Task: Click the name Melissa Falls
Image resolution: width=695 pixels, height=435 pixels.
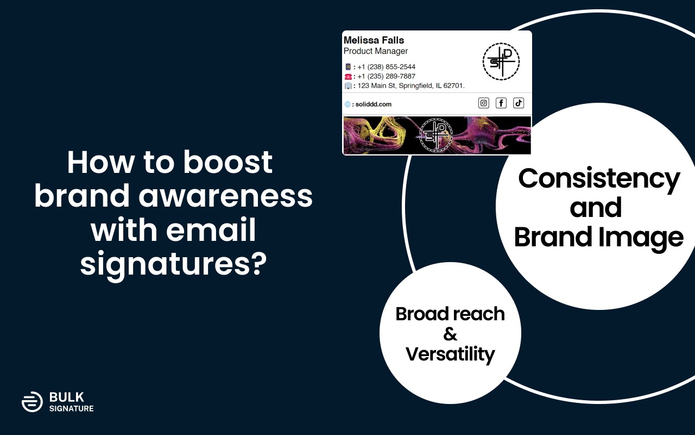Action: pyautogui.click(x=374, y=40)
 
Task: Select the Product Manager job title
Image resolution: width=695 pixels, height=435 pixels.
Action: pyautogui.click(x=376, y=51)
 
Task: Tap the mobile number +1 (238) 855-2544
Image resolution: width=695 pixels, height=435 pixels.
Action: pyautogui.click(x=386, y=67)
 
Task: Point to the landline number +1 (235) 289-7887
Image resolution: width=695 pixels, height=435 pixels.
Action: pyautogui.click(x=386, y=76)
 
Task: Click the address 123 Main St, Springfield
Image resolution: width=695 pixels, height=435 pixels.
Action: pyautogui.click(x=410, y=86)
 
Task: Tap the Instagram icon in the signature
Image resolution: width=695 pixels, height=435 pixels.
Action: pyautogui.click(x=484, y=103)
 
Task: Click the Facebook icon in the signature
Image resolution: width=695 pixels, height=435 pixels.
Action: pyautogui.click(x=501, y=103)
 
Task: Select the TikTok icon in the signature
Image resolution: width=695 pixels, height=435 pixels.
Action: pyautogui.click(x=519, y=103)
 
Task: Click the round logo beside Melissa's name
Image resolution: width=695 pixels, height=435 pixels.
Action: pyautogui.click(x=501, y=61)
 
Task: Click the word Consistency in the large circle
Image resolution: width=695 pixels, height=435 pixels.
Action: pyautogui.click(x=599, y=178)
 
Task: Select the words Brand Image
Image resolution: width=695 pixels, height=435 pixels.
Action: pyautogui.click(x=599, y=238)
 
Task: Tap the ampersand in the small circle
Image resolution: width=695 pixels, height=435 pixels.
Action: pyautogui.click(x=450, y=334)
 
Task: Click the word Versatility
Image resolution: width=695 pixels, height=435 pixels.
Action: pyautogui.click(x=450, y=354)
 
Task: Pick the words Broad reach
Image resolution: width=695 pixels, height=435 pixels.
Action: pyautogui.click(x=450, y=314)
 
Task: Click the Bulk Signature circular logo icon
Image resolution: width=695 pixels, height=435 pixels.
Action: pyautogui.click(x=32, y=401)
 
